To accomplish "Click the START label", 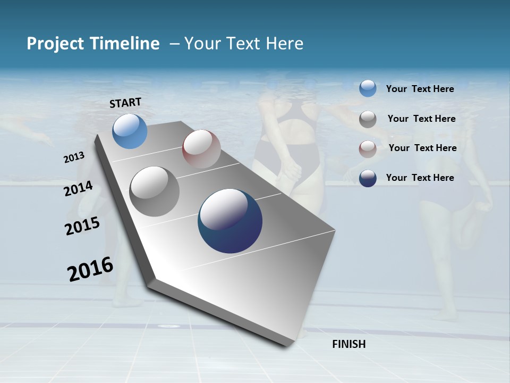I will pyautogui.click(x=125, y=103).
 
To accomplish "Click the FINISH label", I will pyautogui.click(x=348, y=344).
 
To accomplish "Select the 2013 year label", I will pyautogui.click(x=74, y=157).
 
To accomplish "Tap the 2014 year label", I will pyautogui.click(x=79, y=189).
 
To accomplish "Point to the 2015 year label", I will pyautogui.click(x=82, y=226).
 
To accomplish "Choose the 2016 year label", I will pyautogui.click(x=90, y=269).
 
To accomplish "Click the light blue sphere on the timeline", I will pyautogui.click(x=130, y=131).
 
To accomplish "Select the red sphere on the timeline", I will pyautogui.click(x=201, y=149).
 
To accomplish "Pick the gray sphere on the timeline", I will pyautogui.click(x=155, y=191).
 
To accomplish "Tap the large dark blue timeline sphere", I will pyautogui.click(x=230, y=221).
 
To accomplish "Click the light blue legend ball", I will pyautogui.click(x=368, y=89).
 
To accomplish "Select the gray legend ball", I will pyautogui.click(x=368, y=119).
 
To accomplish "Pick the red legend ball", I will pyautogui.click(x=368, y=149).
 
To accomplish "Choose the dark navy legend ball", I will pyautogui.click(x=368, y=178).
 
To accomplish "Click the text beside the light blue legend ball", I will pyautogui.click(x=420, y=89).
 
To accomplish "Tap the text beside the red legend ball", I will pyautogui.click(x=422, y=148).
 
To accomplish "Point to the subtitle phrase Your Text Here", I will pyautogui.click(x=244, y=44).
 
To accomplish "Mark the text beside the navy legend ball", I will pyautogui.click(x=420, y=178).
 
